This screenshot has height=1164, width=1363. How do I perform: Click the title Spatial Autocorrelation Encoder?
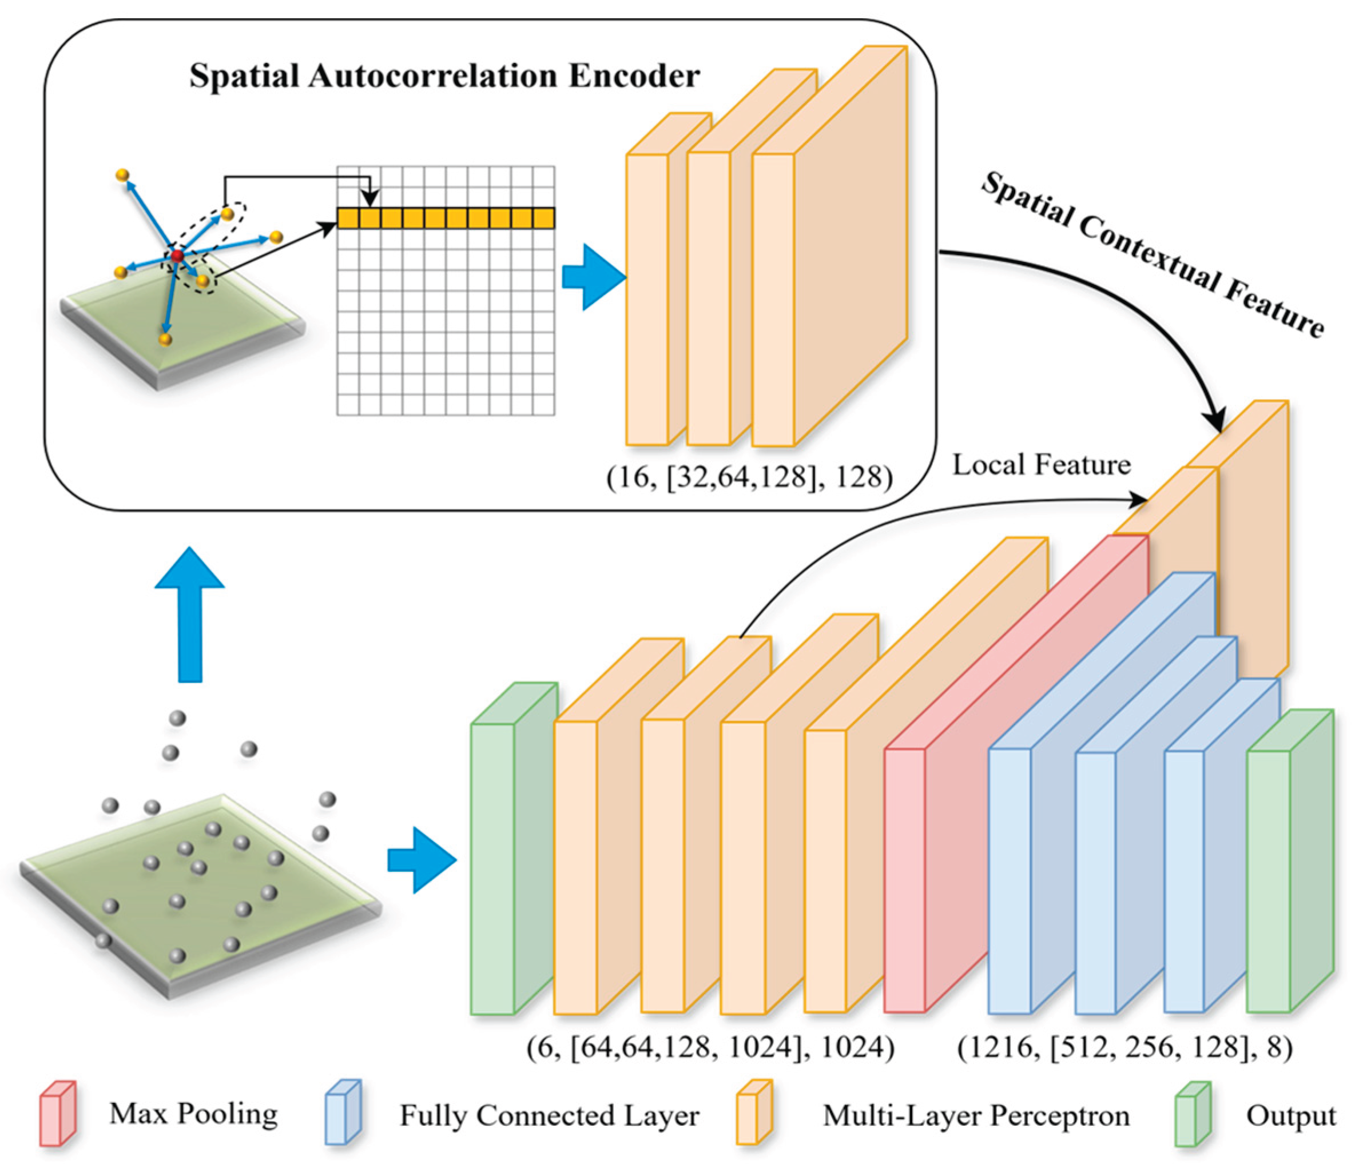pos(444,75)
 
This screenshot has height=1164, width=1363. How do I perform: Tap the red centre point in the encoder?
pos(176,256)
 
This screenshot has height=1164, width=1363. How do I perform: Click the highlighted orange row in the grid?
pos(446,218)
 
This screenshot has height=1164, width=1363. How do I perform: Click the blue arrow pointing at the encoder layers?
pos(593,277)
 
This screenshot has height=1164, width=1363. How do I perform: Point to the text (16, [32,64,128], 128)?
pos(749,477)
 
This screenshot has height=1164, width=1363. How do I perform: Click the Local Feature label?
pos(1042,465)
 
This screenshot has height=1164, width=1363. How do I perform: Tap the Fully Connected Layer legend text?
pos(549,1116)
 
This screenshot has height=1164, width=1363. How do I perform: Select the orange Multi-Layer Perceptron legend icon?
pos(754,1113)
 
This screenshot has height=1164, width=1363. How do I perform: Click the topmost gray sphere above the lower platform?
pos(177,718)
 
